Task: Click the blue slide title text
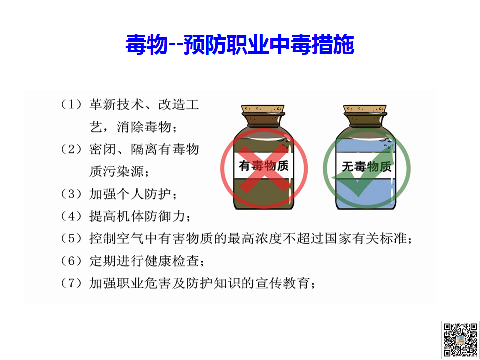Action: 240,45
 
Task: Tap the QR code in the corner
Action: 460,340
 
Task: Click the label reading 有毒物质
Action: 263,165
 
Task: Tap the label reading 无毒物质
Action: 366,167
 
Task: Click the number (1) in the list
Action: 71,105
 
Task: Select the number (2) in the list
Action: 71,149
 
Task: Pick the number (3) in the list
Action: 71,194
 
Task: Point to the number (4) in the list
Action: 71,216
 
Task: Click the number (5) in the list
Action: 71,239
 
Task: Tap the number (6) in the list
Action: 71,261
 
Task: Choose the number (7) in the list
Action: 71,283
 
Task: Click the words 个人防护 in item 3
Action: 144,194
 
